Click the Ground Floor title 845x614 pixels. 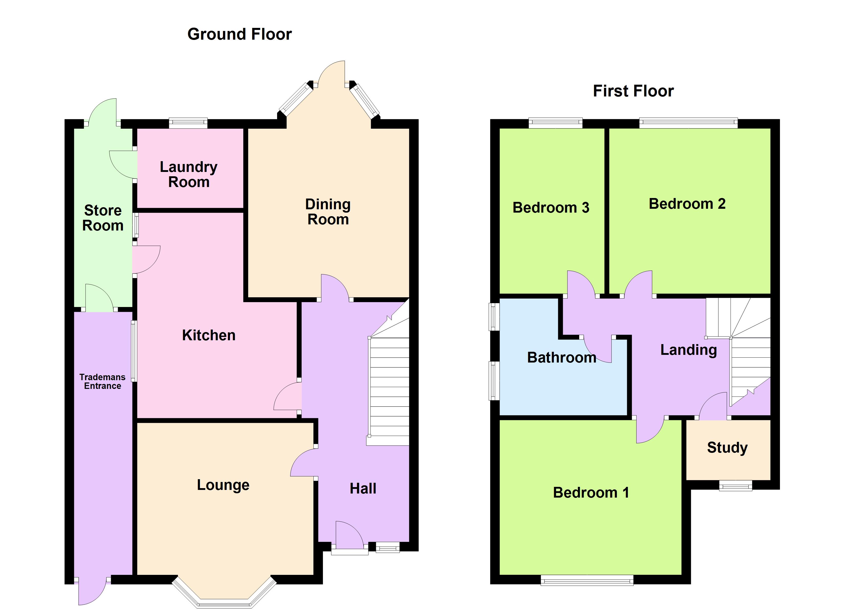pos(240,34)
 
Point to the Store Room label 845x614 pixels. pos(103,218)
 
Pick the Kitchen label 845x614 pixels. pos(209,335)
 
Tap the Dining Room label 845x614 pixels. pos(328,212)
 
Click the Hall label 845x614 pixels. pos(363,489)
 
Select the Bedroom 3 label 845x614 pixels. pos(551,207)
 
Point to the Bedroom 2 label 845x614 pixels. pos(687,204)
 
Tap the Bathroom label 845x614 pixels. pos(562,357)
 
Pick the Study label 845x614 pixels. pos(727,447)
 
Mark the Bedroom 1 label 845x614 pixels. pos(591,493)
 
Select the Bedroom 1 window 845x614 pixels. pos(587,580)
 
